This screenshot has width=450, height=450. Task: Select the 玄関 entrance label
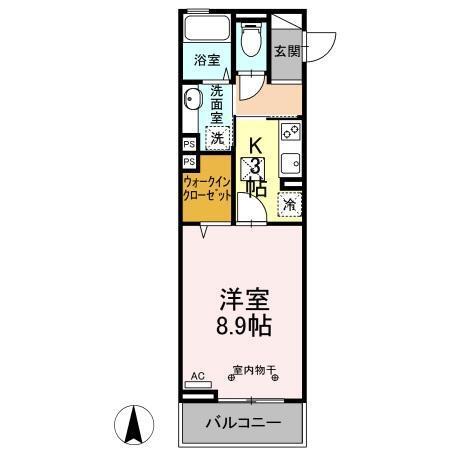287,52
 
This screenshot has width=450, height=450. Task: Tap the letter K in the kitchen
255,143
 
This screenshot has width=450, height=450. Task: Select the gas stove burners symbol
289,131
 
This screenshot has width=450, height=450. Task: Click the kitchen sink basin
289,164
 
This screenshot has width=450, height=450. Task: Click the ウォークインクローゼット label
207,189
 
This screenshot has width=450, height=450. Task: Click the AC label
197,376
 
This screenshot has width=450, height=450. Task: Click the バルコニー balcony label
241,422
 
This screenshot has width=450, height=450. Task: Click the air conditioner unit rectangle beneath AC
199,385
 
